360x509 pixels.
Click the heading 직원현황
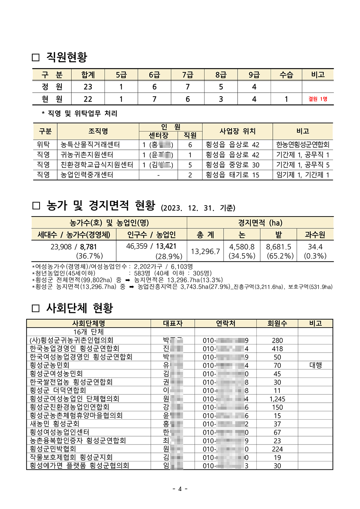click(67, 57)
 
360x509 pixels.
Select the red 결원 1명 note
click(318, 99)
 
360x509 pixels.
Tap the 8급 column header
click(221, 75)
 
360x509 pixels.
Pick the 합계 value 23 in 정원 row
click(88, 87)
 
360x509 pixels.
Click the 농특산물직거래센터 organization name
click(90, 145)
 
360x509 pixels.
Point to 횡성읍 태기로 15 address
click(233, 175)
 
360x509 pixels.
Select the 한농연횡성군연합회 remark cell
click(303, 145)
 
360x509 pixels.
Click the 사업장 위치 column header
click(237, 131)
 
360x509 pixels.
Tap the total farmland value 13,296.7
click(205, 251)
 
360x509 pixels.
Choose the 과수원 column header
click(315, 235)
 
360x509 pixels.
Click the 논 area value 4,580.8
click(242, 247)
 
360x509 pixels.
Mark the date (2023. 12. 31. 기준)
click(198, 208)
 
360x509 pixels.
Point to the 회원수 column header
click(277, 323)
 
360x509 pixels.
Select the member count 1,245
click(277, 399)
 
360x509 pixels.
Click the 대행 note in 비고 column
click(315, 365)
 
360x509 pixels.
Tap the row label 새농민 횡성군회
click(55, 424)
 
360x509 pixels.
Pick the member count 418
click(277, 349)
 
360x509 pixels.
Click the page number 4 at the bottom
click(180, 489)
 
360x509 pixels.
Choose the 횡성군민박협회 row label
click(53, 449)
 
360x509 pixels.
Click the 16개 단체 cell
click(89, 332)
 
